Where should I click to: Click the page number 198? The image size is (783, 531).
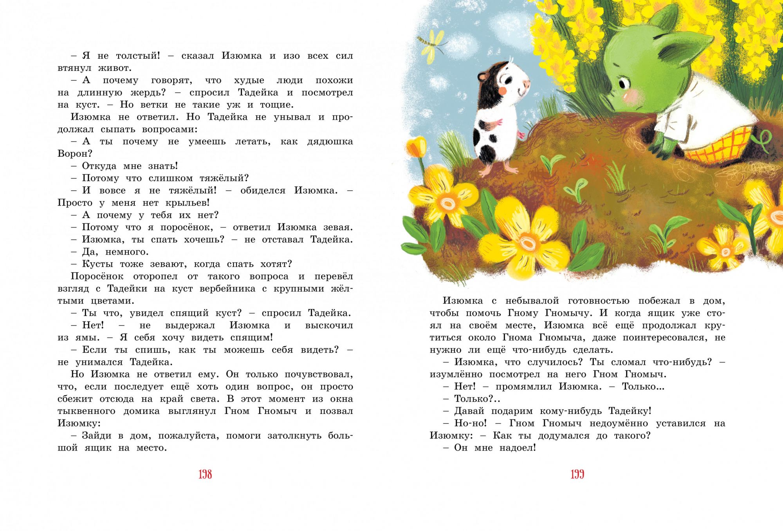tap(205, 474)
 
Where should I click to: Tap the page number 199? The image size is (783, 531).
tap(577, 474)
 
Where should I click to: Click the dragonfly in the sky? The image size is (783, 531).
tap(431, 46)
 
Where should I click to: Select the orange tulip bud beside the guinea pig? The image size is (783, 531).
tap(416, 147)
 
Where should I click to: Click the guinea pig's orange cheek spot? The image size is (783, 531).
tap(502, 91)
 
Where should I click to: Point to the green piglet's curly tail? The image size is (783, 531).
tap(764, 138)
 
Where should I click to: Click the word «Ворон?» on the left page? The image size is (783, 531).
tap(75, 154)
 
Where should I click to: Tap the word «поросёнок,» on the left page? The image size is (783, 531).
tap(186, 227)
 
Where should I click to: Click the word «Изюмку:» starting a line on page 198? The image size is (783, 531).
tap(79, 423)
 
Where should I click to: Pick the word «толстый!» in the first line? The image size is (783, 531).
tap(138, 56)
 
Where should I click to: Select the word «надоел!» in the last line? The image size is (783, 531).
tap(518, 448)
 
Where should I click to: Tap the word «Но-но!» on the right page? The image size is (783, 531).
tap(470, 423)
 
